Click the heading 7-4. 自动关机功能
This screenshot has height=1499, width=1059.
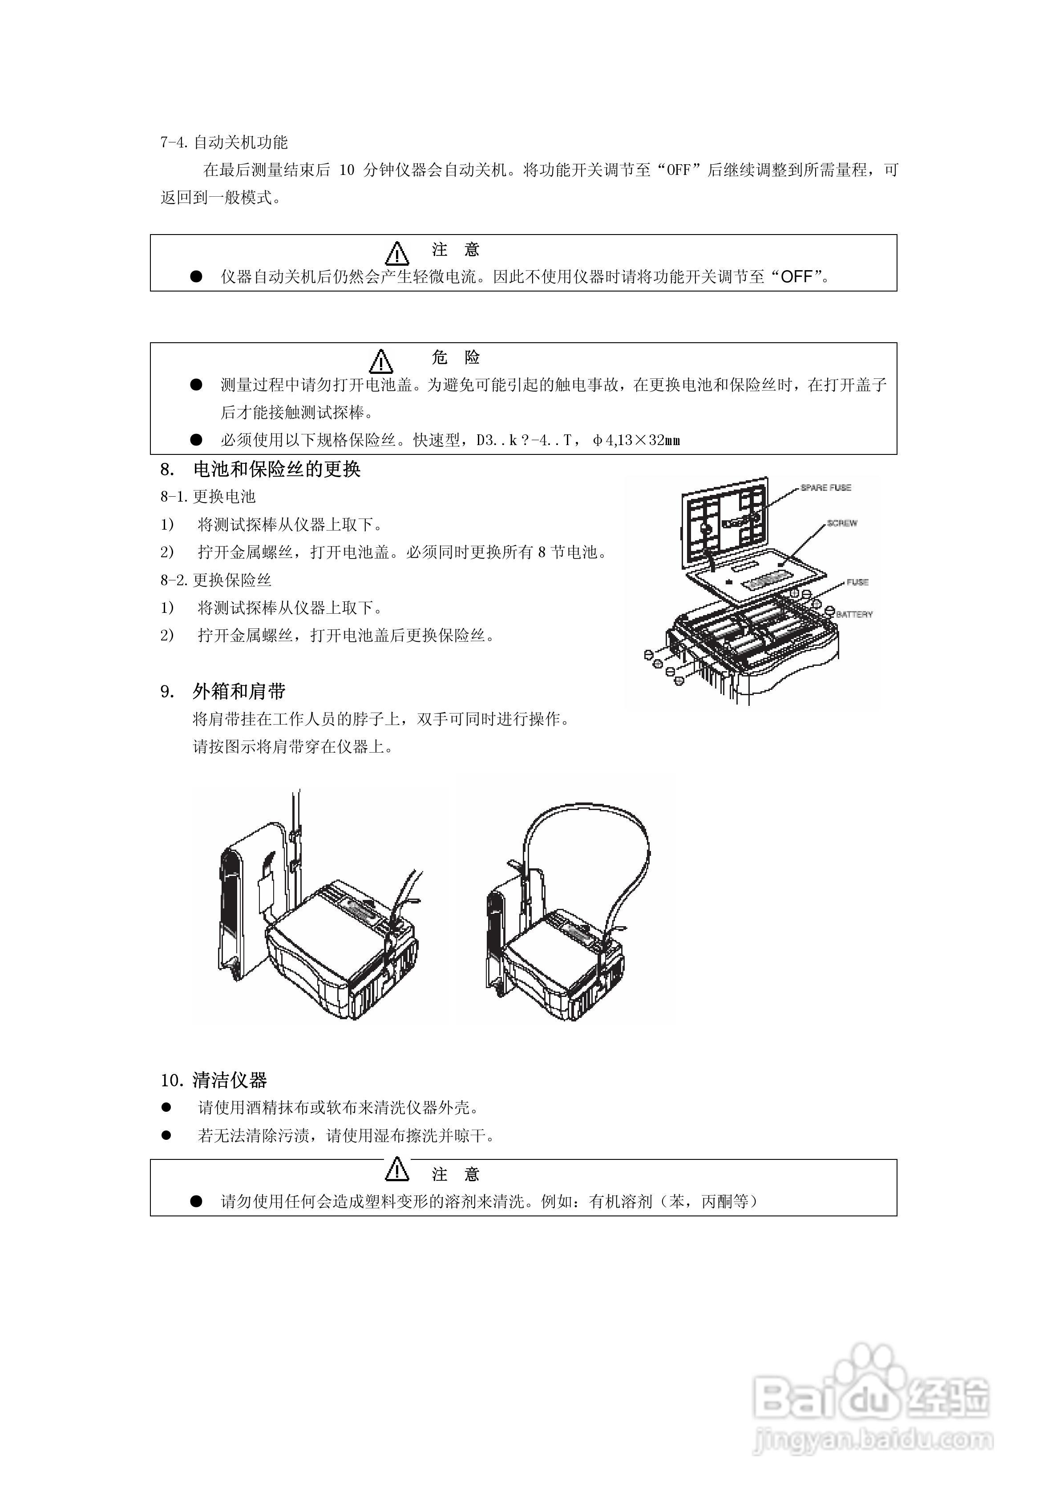[x=224, y=142]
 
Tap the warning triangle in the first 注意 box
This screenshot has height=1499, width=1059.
[x=396, y=253]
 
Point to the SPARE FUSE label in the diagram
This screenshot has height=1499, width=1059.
[x=825, y=488]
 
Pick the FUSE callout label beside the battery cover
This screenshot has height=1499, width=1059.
[x=857, y=582]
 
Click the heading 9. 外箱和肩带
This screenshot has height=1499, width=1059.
[x=223, y=691]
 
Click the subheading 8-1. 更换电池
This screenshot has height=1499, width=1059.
[x=208, y=497]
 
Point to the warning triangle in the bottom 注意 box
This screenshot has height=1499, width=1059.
[x=396, y=1169]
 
